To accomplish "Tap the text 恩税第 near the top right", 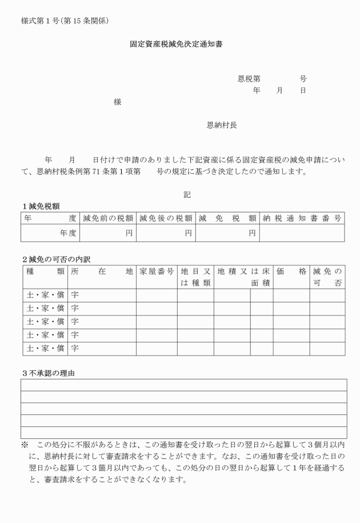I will (249, 79).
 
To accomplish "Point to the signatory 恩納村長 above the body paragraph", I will (222, 125).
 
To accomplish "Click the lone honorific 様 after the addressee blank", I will (117, 102).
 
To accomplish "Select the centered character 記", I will (187, 195).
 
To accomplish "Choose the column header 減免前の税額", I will (109, 218).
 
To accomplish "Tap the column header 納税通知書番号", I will (302, 218).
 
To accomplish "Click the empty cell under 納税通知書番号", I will (302, 233).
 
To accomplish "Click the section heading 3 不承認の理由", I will (49, 373).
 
